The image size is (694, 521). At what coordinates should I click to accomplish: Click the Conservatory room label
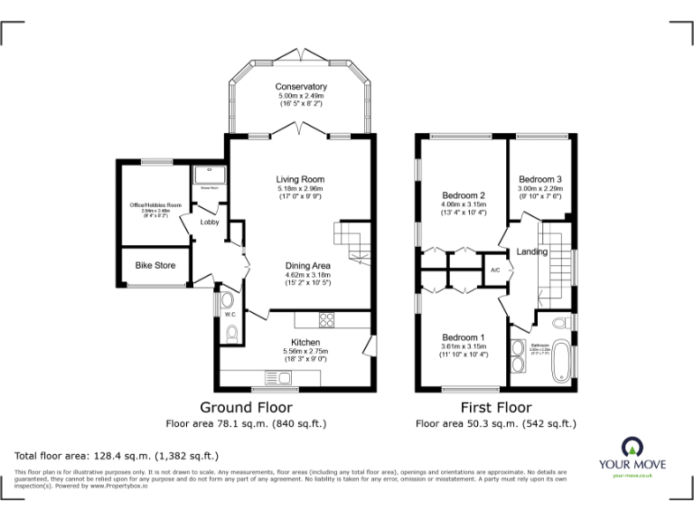[x=301, y=87]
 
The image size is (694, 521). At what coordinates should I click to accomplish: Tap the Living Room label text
[x=300, y=179]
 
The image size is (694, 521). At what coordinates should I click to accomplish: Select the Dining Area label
[x=308, y=265]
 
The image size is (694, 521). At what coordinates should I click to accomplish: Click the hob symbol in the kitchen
[x=325, y=318]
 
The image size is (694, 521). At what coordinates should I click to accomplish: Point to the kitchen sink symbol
[x=275, y=377]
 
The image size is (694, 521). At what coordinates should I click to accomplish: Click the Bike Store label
[x=155, y=265]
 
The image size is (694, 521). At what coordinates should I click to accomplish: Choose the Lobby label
[x=209, y=222]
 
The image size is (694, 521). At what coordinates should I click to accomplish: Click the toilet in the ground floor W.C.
[x=234, y=336]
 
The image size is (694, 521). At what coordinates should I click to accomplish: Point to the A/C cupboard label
[x=495, y=270]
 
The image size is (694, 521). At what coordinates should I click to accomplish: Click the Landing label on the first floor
[x=532, y=251]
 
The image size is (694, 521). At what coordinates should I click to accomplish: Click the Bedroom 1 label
[x=464, y=336]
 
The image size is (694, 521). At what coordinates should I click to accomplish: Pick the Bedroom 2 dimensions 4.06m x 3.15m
[x=464, y=204]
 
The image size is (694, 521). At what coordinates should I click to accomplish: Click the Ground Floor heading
[x=246, y=408]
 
